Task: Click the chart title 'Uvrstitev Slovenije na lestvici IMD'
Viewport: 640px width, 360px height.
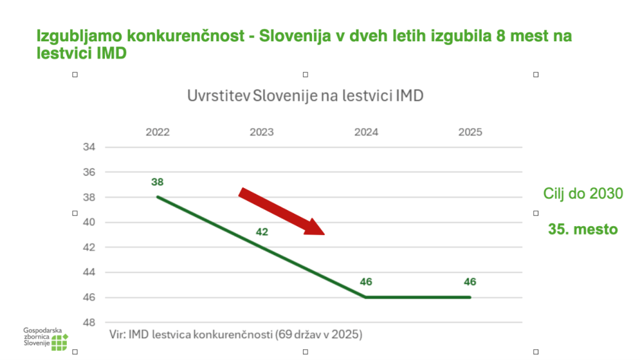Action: pos(305,96)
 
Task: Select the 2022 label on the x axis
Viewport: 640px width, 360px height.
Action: pos(157,132)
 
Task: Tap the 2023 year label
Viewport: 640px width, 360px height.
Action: pos(262,132)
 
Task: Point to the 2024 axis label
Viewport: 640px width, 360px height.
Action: pos(366,132)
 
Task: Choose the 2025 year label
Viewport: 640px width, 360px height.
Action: pos(470,132)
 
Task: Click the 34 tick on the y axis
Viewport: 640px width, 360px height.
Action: pos(89,147)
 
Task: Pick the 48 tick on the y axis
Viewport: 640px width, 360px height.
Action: pos(89,322)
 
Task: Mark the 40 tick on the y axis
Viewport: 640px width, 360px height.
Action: pos(89,222)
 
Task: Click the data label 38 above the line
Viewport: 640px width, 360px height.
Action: pos(157,182)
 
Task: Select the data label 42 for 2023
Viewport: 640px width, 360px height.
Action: pos(262,232)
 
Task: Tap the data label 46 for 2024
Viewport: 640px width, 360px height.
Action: pos(366,282)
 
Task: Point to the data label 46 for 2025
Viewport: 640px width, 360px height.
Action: pos(470,282)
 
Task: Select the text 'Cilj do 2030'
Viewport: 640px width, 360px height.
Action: pos(583,194)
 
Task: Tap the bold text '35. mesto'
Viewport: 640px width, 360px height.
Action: pos(583,229)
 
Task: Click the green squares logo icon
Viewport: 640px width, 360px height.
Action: pos(59,342)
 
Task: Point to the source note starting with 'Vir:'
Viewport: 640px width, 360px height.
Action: pos(236,335)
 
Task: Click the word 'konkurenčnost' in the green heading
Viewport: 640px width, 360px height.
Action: pos(185,36)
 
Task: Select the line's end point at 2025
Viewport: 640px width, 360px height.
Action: pos(470,297)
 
